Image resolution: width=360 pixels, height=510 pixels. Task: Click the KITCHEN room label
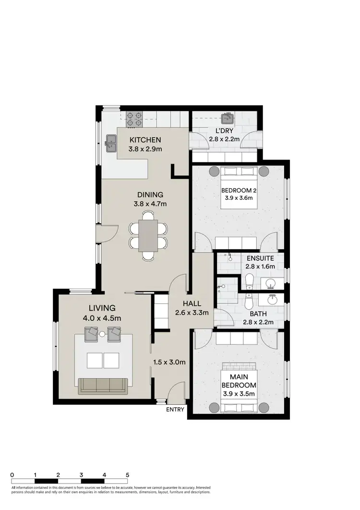point(144,140)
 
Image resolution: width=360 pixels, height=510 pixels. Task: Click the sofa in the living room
point(102,384)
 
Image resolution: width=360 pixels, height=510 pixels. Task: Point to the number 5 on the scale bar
point(127,474)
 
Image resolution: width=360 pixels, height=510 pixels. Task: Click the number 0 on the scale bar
point(12,474)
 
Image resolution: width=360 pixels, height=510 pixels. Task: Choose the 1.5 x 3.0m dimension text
point(168,362)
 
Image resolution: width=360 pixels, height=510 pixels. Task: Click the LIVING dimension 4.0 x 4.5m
point(101,317)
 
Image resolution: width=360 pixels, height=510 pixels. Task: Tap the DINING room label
point(150,195)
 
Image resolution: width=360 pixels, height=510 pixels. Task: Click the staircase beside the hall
point(161,313)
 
